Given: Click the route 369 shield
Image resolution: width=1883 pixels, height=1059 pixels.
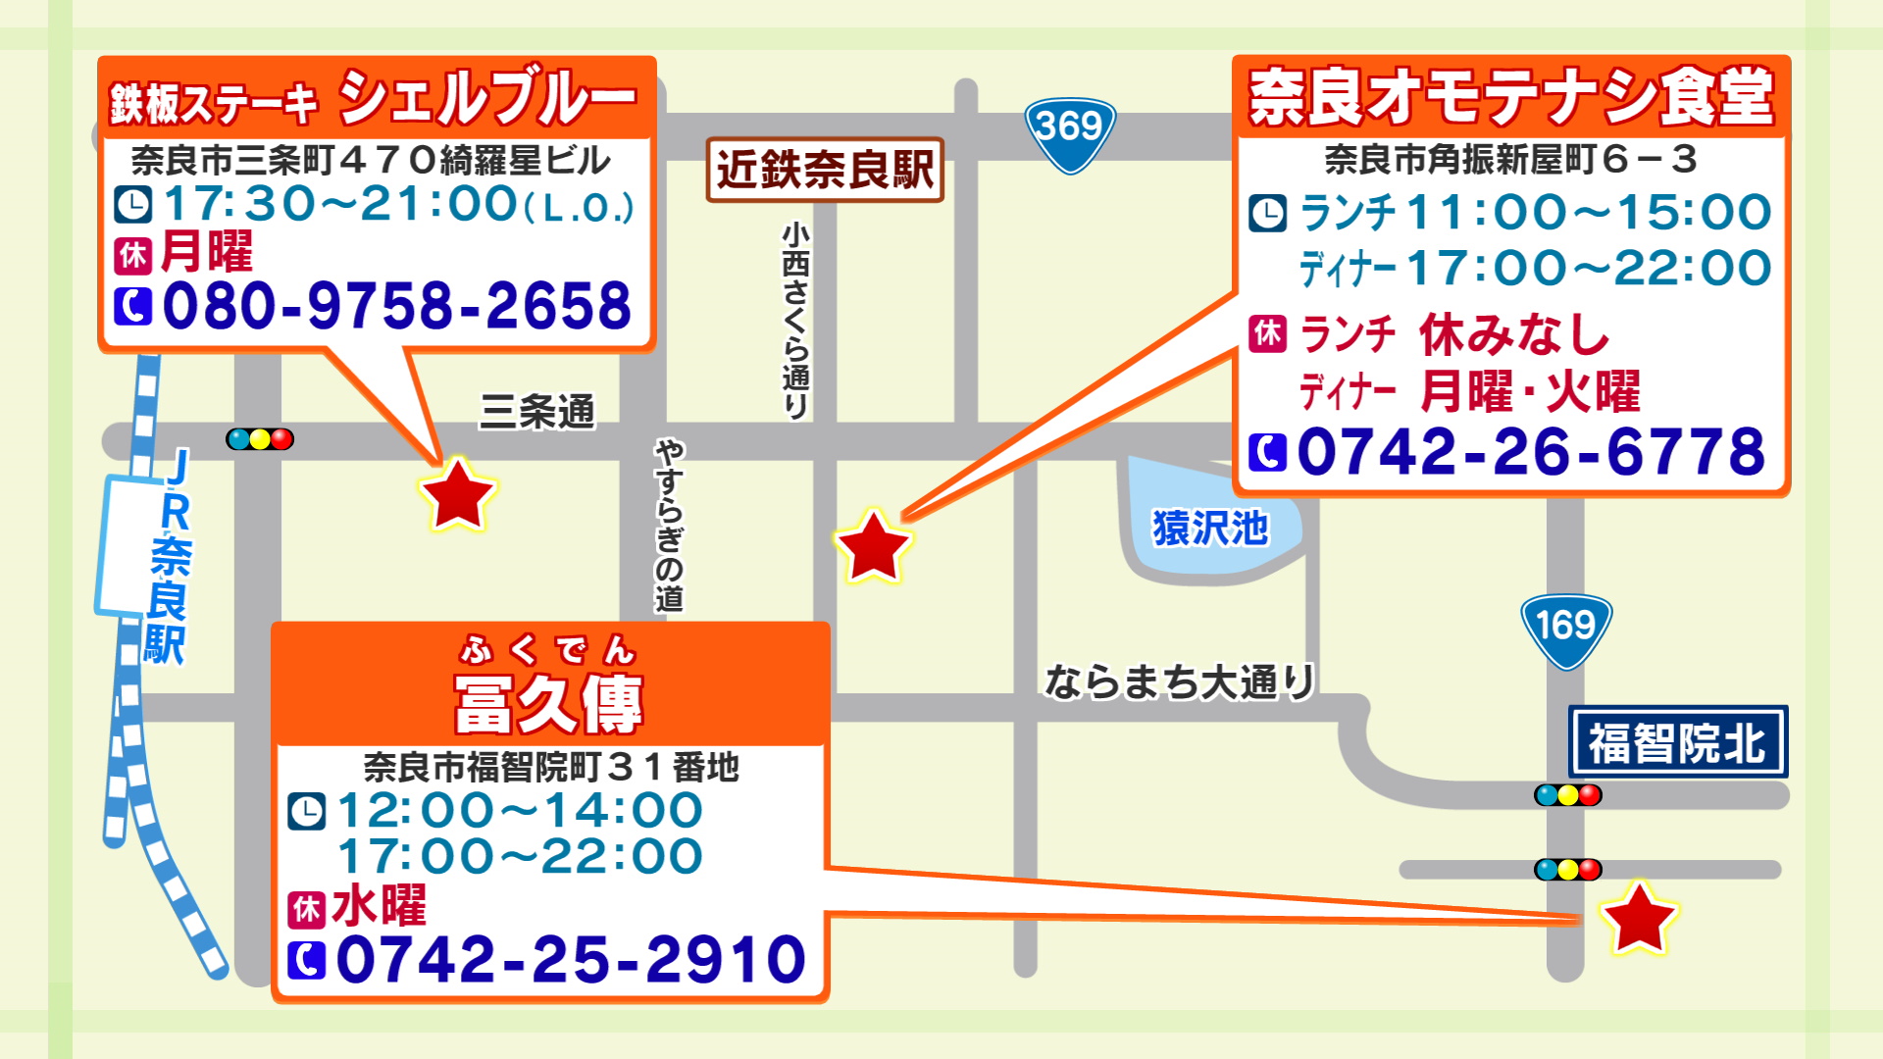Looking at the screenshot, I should pyautogui.click(x=1070, y=131).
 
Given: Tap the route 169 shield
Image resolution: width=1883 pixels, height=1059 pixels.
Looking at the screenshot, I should pyautogui.click(x=1566, y=629).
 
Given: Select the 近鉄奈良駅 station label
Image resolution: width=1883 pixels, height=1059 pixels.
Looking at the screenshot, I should pyautogui.click(x=825, y=170).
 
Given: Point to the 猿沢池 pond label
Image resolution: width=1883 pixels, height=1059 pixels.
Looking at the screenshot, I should pyautogui.click(x=1210, y=529).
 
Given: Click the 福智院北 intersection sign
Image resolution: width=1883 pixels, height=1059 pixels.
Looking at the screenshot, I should pyautogui.click(x=1677, y=742).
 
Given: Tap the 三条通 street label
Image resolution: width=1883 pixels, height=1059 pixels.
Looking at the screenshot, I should pyautogui.click(x=537, y=412).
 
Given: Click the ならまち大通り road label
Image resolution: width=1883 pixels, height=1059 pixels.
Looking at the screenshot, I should pyautogui.click(x=1179, y=681).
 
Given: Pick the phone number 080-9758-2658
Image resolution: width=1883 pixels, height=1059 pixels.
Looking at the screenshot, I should pyautogui.click(x=397, y=306).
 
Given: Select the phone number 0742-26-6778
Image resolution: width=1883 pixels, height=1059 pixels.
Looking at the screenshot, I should pyautogui.click(x=1530, y=452).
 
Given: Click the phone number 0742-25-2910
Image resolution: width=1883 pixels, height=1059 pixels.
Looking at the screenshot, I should pyautogui.click(x=571, y=959).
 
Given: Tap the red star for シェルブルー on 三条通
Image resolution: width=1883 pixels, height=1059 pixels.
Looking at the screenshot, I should pyautogui.click(x=457, y=494).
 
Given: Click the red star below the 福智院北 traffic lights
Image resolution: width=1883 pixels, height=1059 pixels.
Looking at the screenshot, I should pyautogui.click(x=1638, y=919).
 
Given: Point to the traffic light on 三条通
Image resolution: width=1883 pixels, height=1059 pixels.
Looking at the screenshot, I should pyautogui.click(x=260, y=439).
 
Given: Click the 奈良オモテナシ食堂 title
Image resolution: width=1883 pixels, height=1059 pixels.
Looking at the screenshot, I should pyautogui.click(x=1510, y=98).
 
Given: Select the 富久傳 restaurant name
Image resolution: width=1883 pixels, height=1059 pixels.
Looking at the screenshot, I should pyautogui.click(x=549, y=702).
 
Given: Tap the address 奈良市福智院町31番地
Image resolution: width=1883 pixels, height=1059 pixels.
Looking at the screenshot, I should pyautogui.click(x=551, y=767).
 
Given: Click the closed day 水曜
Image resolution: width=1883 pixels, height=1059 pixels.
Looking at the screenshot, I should pyautogui.click(x=380, y=906).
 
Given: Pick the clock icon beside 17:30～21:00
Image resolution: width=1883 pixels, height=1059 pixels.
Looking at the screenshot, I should pyautogui.click(x=133, y=205).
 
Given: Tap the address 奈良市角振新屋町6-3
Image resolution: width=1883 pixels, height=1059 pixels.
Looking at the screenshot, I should pyautogui.click(x=1510, y=160).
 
